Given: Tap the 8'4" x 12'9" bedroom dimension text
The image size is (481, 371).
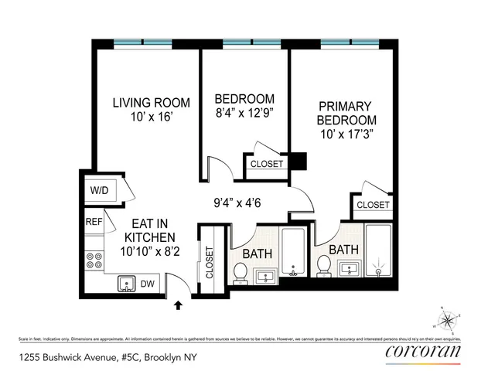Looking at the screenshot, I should click(244, 113).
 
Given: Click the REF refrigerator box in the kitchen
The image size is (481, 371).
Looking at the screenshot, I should click(94, 221).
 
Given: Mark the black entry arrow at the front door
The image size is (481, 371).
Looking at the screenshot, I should click(180, 306).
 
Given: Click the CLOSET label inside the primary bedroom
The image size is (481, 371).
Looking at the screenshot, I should click(373, 205).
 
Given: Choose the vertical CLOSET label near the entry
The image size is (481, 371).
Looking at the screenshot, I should click(209, 262).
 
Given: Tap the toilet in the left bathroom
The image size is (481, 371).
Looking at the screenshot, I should click(240, 272).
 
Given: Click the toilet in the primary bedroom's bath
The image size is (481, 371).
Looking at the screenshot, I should click(323, 266).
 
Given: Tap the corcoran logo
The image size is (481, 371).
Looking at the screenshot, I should click(422, 352).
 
